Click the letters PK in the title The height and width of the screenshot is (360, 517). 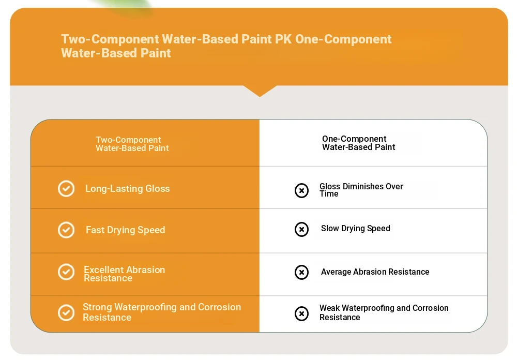tap(283, 39)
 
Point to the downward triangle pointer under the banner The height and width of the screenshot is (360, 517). tap(260, 91)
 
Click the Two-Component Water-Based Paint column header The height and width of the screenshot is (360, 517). tap(132, 144)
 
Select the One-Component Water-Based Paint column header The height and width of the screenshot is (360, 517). tap(359, 143)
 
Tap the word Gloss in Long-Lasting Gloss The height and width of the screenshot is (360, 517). tap(158, 188)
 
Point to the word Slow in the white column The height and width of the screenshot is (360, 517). tap(330, 228)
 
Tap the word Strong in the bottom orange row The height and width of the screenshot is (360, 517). tap(97, 307)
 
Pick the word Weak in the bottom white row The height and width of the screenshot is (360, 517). tap(329, 308)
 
